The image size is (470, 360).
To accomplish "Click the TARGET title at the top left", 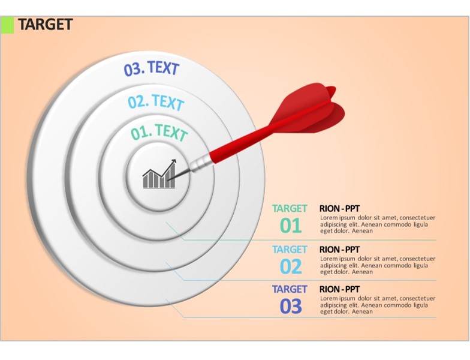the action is pyautogui.click(x=46, y=24).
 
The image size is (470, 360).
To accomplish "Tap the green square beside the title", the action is pyautogui.click(x=7, y=25).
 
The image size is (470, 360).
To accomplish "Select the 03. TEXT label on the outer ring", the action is pyautogui.click(x=151, y=68).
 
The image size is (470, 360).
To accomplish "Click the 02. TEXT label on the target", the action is pyautogui.click(x=156, y=102).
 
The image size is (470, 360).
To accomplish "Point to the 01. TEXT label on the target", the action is pyautogui.click(x=159, y=132).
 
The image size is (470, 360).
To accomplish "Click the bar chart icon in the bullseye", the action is pyautogui.click(x=159, y=174).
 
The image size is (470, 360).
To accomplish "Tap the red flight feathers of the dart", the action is pyautogui.click(x=309, y=109).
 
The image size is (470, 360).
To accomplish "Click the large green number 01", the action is pyautogui.click(x=290, y=226).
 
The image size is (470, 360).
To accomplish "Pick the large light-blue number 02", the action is pyautogui.click(x=290, y=266).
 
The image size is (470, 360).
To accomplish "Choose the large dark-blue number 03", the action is pyautogui.click(x=290, y=306).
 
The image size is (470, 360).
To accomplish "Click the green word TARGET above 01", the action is pyautogui.click(x=290, y=209).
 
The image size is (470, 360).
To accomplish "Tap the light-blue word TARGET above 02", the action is pyautogui.click(x=290, y=250).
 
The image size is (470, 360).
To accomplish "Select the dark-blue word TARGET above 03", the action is pyautogui.click(x=290, y=289).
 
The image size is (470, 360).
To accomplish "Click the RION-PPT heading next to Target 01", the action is pyautogui.click(x=339, y=209).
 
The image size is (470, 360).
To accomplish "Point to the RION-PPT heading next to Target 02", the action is pyautogui.click(x=339, y=250).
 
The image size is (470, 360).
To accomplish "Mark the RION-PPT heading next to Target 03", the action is pyautogui.click(x=339, y=289).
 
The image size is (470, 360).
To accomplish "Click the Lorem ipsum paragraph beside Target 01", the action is pyautogui.click(x=378, y=224).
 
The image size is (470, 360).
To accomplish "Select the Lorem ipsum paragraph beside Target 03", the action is pyautogui.click(x=378, y=305).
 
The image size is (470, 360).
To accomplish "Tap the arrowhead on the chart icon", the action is pyautogui.click(x=173, y=162).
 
